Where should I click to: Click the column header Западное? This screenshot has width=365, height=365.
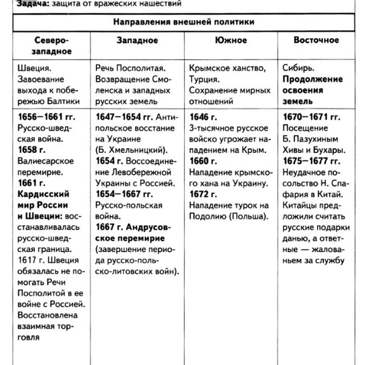click(137, 40)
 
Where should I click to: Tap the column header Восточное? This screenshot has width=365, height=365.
click(316, 40)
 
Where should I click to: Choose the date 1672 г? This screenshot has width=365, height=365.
click(203, 194)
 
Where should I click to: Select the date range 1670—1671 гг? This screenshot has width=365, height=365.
click(311, 117)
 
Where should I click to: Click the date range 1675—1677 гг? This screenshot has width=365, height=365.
click(311, 161)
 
